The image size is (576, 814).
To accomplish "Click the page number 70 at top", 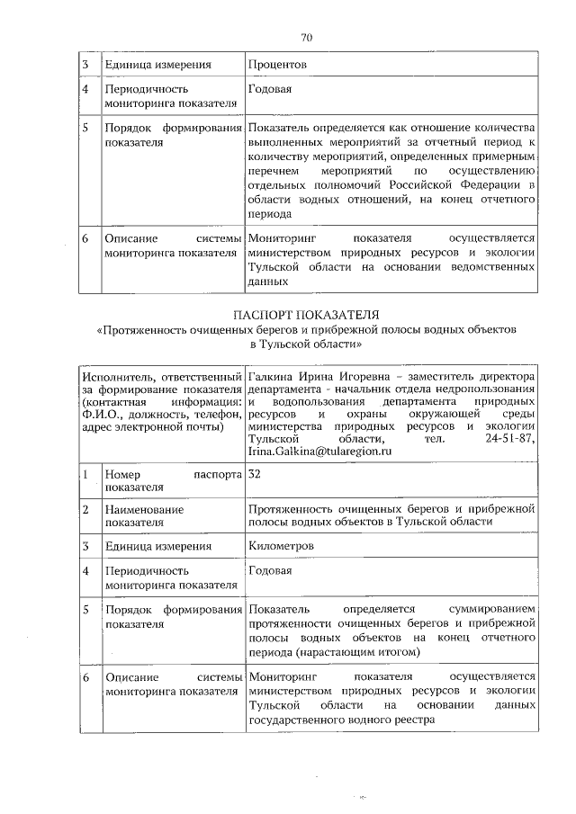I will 306,37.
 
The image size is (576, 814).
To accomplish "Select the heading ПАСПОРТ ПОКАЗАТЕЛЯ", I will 305,316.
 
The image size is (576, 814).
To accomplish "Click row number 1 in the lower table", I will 85,473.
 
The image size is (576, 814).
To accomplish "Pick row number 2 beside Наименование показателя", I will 85,509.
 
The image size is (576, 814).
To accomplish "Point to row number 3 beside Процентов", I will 85,65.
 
